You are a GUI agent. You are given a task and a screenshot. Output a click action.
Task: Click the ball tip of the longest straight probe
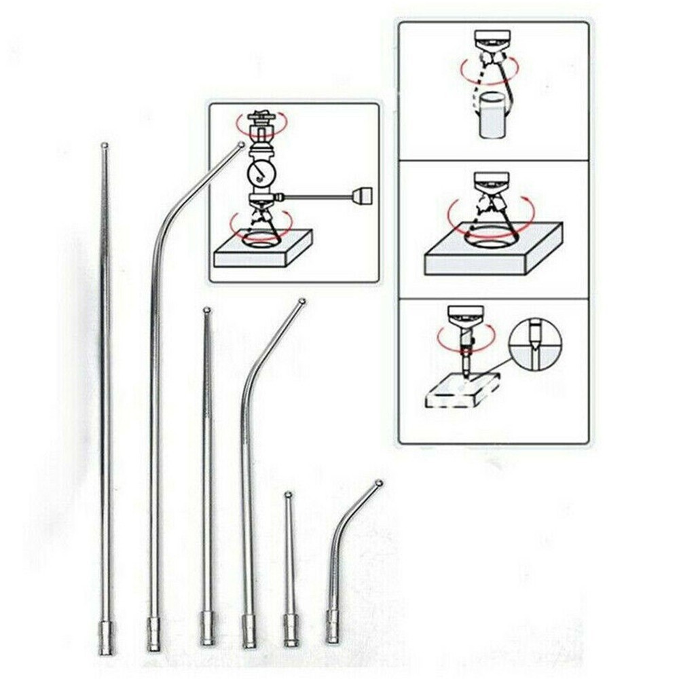click(104, 145)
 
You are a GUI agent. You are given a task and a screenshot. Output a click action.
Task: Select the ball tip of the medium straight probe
click(206, 311)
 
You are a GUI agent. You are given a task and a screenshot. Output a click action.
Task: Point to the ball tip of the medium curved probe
click(302, 301)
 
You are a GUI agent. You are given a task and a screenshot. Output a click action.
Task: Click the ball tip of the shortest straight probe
click(288, 494)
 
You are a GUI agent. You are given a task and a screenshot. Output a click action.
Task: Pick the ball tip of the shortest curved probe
click(378, 483)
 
